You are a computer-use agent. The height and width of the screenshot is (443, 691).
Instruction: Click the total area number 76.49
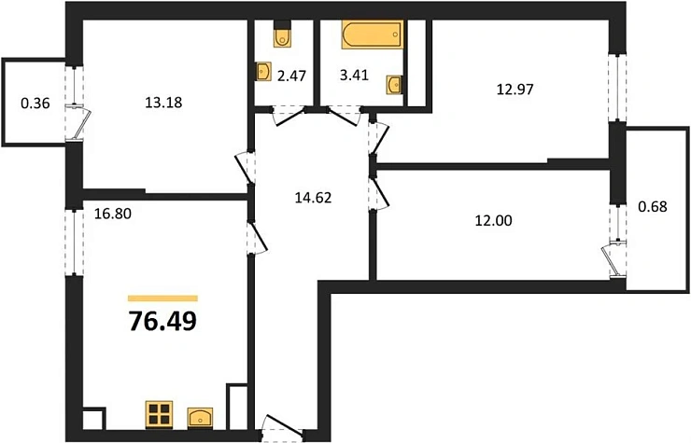(162, 321)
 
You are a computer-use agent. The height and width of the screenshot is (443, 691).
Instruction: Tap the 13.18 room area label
(163, 103)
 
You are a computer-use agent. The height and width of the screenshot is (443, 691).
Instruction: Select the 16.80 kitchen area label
(113, 214)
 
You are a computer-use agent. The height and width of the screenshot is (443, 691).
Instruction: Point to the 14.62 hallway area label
(314, 198)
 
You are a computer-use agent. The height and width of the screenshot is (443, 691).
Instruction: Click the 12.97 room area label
(515, 90)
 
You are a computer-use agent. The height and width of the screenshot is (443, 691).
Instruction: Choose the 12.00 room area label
(494, 220)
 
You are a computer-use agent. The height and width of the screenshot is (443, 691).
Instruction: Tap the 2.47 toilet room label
(291, 76)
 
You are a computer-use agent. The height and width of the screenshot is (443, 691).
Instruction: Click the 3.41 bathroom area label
(354, 76)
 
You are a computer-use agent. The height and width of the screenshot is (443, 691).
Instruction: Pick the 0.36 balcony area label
(35, 104)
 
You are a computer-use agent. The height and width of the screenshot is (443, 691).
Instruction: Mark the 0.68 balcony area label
(653, 206)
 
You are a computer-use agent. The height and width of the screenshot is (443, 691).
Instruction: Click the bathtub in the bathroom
(373, 35)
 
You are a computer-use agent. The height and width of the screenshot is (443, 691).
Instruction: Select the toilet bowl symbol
(282, 34)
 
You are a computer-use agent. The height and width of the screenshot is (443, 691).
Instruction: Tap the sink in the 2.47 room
(263, 71)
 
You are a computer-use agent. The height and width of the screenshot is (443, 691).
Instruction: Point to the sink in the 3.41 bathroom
(394, 84)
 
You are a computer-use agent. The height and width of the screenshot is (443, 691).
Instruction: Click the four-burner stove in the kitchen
(159, 414)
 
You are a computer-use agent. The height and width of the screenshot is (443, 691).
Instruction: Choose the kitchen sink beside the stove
(200, 417)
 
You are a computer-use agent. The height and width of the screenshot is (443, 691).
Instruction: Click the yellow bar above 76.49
(162, 298)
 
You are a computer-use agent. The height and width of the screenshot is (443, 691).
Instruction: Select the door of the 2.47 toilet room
(288, 116)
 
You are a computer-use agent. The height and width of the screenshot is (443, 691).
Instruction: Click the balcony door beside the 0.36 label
(78, 122)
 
